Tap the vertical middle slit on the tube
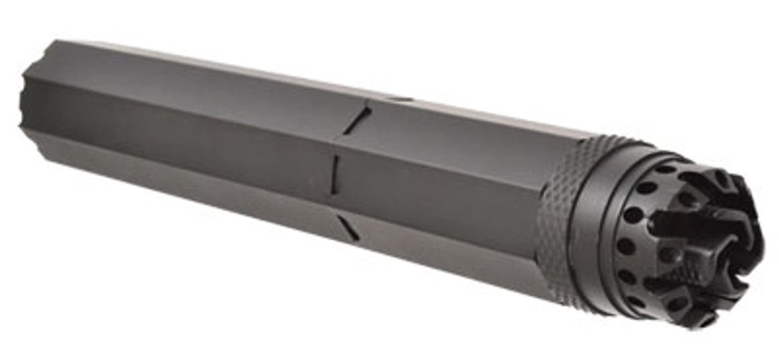pyautogui.click(x=334, y=173)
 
